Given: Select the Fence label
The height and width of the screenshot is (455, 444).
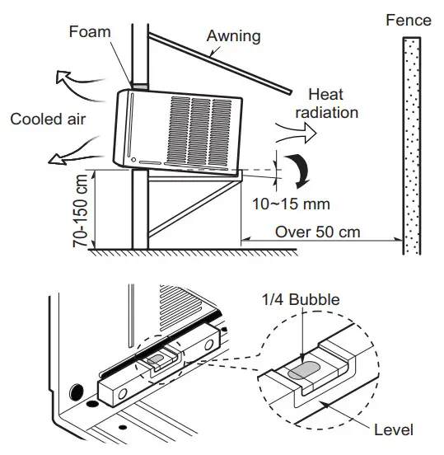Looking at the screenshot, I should (408, 19).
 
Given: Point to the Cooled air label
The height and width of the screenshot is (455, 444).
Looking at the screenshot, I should (48, 119).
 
